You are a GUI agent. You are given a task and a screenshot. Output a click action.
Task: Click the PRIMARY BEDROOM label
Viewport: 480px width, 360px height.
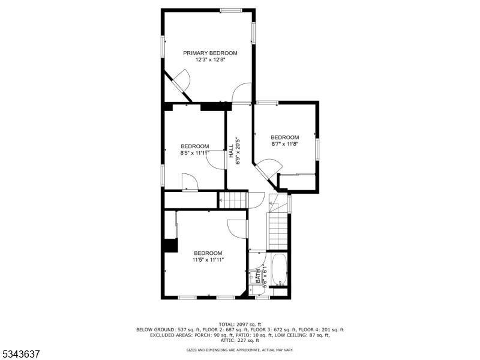point(210,53)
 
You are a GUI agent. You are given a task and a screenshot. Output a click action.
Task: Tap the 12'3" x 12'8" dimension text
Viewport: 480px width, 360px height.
point(210,60)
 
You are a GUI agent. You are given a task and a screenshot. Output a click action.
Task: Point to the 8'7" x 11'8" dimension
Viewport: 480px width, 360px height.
point(284,144)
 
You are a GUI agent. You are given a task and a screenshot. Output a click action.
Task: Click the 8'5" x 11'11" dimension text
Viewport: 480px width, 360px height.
point(195,153)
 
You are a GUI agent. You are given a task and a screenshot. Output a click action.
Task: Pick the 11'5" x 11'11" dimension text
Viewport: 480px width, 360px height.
point(208,260)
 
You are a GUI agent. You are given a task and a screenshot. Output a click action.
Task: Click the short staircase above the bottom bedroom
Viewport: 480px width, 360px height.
point(232,200)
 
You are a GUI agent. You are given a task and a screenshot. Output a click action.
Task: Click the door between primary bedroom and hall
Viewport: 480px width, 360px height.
point(241,94)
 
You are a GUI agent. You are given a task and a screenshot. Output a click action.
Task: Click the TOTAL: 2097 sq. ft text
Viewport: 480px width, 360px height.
point(239,324)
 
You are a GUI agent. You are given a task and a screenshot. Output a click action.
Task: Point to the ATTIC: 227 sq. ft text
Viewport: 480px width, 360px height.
point(239,340)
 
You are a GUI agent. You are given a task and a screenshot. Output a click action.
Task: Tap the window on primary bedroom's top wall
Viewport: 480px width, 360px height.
point(230,10)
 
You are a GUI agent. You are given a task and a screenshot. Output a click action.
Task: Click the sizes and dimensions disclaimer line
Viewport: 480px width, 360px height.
point(239,349)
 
